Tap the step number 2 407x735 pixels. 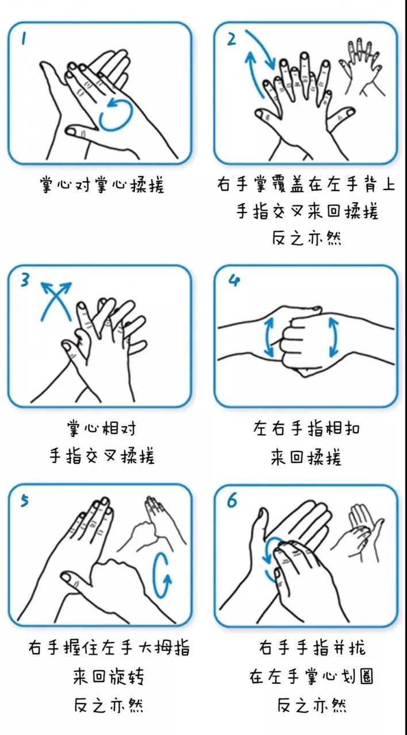click(232, 39)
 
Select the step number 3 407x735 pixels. click(25, 280)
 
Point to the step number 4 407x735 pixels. click(234, 281)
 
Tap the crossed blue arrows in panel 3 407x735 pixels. click(56, 301)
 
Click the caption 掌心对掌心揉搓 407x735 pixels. click(102, 185)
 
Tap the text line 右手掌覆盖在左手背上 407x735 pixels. click(306, 184)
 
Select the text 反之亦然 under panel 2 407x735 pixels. click(306, 238)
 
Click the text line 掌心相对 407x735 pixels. click(102, 428)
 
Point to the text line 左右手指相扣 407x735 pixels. click(306, 428)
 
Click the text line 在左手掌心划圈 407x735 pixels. click(311, 676)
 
